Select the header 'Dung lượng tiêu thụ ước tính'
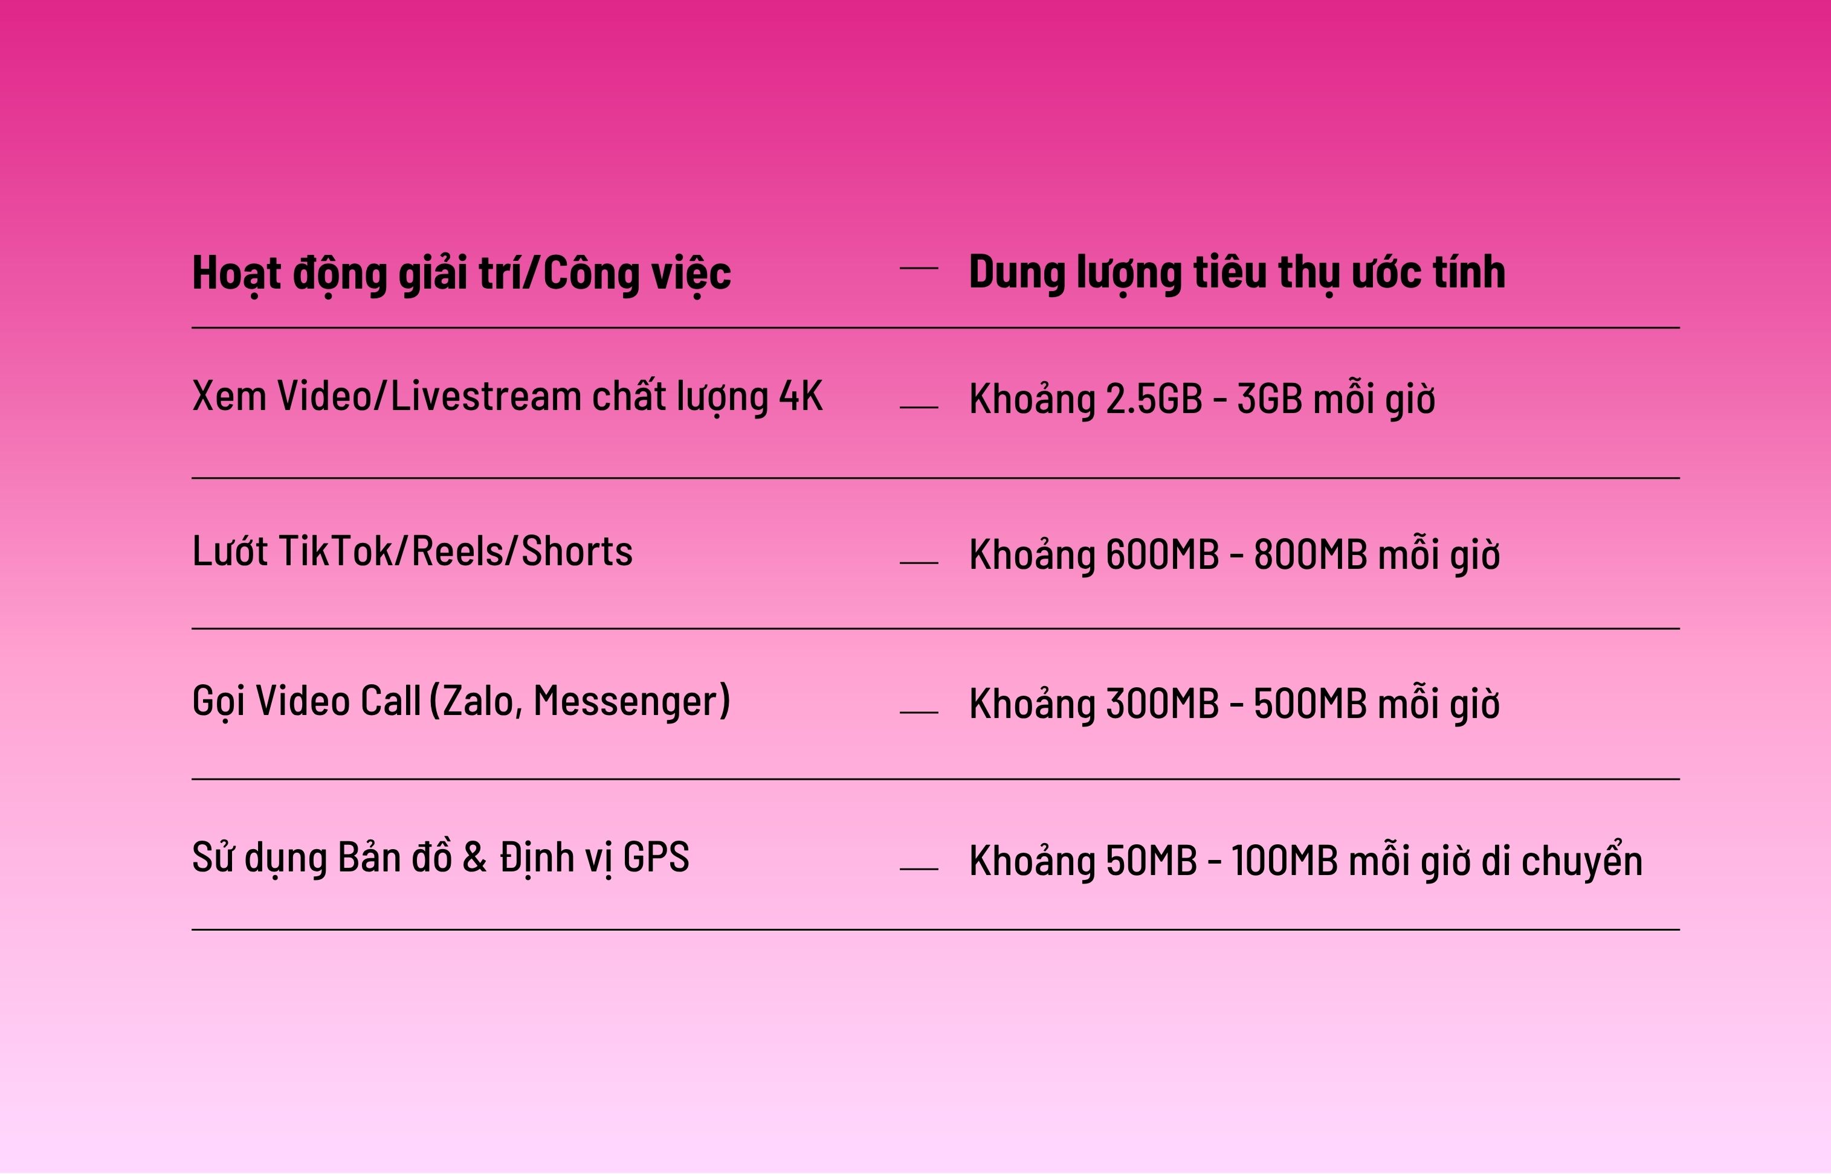tap(1237, 273)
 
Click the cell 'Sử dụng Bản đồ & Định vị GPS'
tap(441, 858)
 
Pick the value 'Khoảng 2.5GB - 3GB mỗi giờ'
tap(1202, 399)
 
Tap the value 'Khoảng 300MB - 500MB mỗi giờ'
tap(1235, 704)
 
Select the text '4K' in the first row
tap(801, 396)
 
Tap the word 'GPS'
tap(656, 856)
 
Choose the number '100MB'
tap(1285, 861)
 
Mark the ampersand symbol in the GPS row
tap(474, 856)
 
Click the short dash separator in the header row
tap(919, 268)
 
